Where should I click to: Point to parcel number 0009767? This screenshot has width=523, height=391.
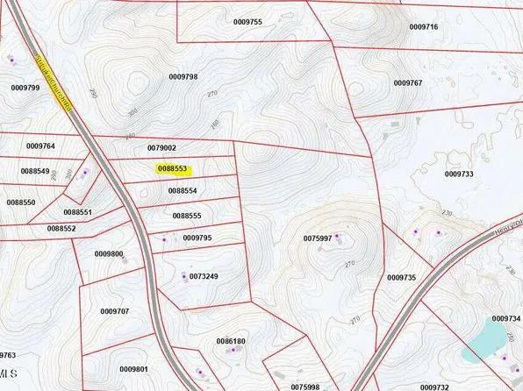pyautogui.click(x=409, y=82)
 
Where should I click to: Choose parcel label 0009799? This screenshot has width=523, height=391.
pyautogui.click(x=25, y=88)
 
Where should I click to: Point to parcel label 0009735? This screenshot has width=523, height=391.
pyautogui.click(x=401, y=277)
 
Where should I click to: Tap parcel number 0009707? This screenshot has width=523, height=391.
pyautogui.click(x=115, y=311)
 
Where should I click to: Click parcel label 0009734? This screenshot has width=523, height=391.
pyautogui.click(x=507, y=317)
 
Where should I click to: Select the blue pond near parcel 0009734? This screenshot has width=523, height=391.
pyautogui.click(x=484, y=343)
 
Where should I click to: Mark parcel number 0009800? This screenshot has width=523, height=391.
pyautogui.click(x=110, y=254)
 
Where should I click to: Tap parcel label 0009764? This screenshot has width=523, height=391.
pyautogui.click(x=41, y=146)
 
